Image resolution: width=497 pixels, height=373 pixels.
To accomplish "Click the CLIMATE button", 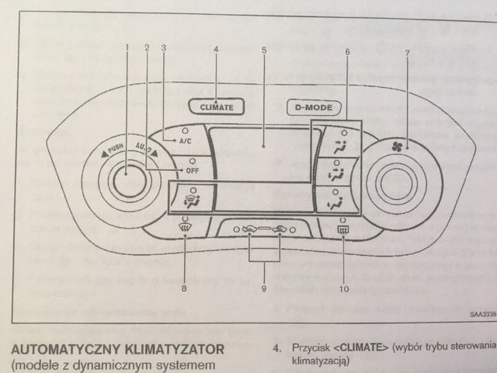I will click(216, 106).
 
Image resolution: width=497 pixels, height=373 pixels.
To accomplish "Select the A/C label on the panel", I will click(185, 141).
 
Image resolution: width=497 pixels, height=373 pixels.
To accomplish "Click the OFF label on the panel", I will click(189, 170).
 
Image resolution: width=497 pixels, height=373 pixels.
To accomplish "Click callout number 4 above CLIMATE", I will click(216, 49).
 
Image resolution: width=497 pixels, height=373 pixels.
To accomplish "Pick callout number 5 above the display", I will click(264, 49).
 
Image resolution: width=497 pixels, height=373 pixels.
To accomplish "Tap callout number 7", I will click(405, 51).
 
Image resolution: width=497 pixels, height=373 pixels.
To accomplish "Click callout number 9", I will click(265, 289).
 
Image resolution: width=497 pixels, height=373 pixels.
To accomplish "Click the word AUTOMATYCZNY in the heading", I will click(66, 344).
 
